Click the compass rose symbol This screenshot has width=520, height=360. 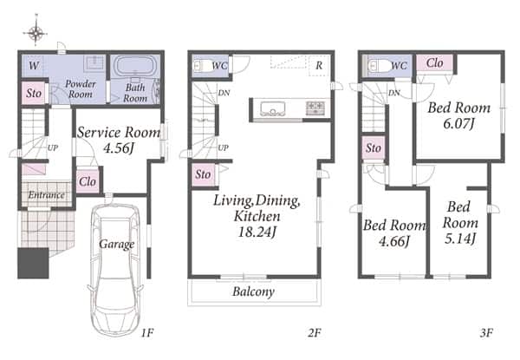pos(36,32)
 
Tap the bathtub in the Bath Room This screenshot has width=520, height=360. pos(135,65)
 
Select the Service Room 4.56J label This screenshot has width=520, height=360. pos(119,140)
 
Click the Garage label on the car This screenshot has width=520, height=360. pos(117,245)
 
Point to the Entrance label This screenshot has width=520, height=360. pos(46,195)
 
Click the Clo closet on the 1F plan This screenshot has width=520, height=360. pos(88,181)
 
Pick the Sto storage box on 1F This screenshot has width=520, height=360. pos(34,93)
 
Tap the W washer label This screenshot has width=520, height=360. pos(34,66)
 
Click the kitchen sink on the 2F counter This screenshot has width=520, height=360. pos(273,108)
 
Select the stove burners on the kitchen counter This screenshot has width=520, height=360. pos(315,108)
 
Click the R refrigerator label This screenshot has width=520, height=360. pos(319,65)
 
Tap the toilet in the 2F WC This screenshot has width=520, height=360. pos(202,66)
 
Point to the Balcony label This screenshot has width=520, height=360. pos(254,291)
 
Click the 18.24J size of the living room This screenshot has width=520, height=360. pos(257,232)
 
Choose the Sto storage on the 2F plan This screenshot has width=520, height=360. pos(203,174)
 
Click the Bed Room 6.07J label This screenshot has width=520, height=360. pos(459,115)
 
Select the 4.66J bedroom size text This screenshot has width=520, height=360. pos(394,241)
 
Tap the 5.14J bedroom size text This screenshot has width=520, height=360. pos(460,238)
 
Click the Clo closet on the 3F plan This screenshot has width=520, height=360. pos(434,62)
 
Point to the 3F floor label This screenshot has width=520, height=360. pos(486,332)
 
